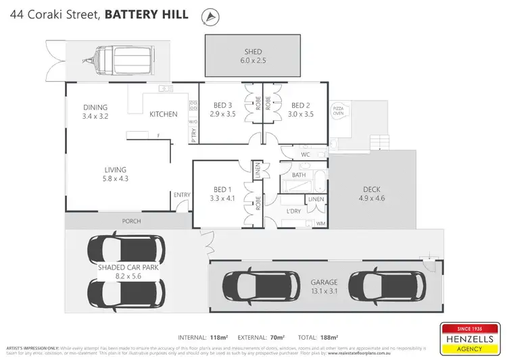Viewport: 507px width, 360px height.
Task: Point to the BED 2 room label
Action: pos(301,105)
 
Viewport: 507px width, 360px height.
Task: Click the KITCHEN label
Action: pos(163,114)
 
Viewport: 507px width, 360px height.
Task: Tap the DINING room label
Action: pos(95,107)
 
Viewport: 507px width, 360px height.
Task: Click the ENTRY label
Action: pos(182,195)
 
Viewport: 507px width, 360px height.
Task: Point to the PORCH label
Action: pos(131,221)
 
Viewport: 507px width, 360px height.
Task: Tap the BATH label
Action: pos(298,175)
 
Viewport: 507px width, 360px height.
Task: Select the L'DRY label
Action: pos(294,211)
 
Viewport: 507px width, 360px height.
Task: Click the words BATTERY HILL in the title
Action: pos(147,14)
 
